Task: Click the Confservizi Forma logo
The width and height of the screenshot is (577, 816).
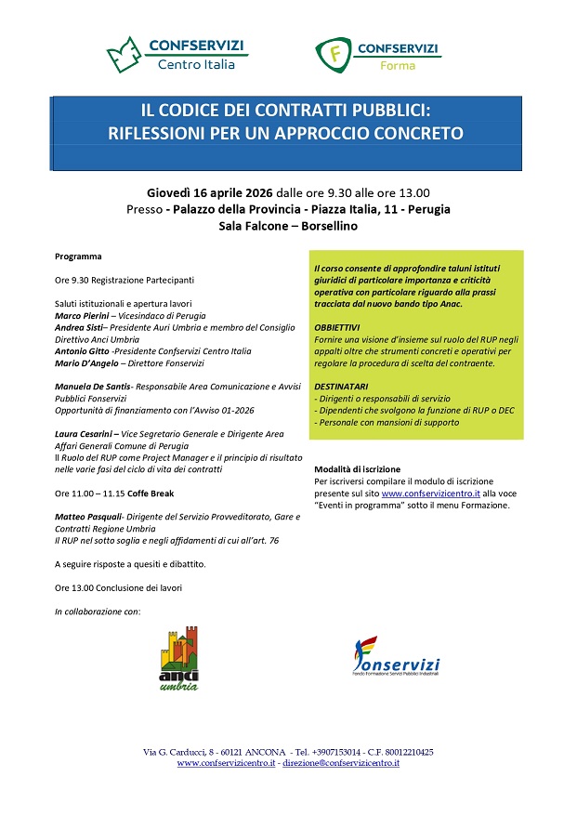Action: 376,56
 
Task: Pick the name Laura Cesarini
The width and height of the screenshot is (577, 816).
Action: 85,434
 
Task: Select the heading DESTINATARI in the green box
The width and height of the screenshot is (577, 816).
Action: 342,386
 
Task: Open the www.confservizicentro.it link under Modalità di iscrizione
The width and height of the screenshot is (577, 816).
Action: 430,494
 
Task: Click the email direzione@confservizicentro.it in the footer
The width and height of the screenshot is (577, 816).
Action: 340,763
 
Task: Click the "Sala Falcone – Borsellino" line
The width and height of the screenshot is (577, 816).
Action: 288,226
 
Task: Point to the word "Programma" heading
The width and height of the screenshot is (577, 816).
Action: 78,256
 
